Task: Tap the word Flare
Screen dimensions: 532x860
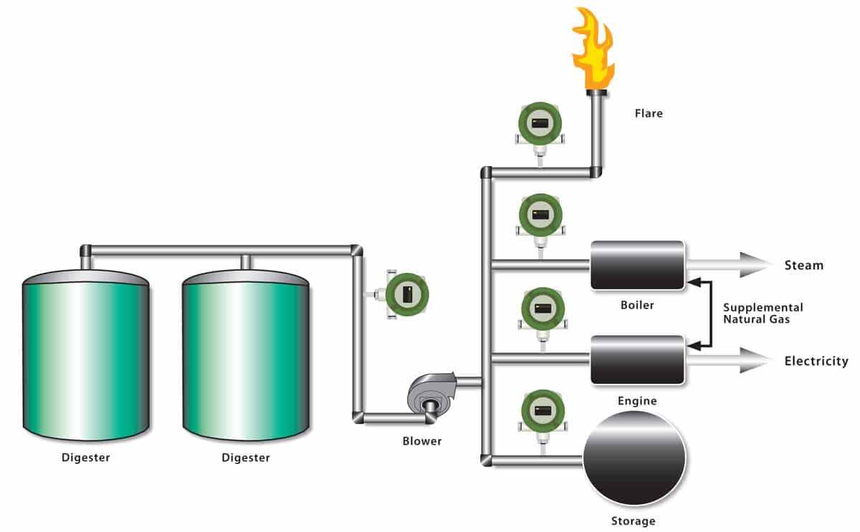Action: click(x=649, y=113)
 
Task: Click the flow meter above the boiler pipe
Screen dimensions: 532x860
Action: click(x=540, y=215)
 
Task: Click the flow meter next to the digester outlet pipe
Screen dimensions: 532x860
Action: click(x=407, y=294)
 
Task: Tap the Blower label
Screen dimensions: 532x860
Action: click(x=422, y=441)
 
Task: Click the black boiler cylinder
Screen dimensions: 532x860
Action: click(x=637, y=266)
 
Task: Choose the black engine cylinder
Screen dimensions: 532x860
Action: click(x=637, y=360)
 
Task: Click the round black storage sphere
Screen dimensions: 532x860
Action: click(x=634, y=458)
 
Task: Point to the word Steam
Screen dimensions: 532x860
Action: click(x=803, y=266)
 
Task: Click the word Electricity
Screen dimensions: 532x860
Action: click(x=816, y=361)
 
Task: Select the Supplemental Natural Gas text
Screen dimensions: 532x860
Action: click(x=763, y=314)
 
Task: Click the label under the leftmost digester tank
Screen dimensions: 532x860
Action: click(x=85, y=457)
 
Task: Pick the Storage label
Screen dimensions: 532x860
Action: click(x=634, y=521)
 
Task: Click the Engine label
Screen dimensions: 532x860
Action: click(x=637, y=401)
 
